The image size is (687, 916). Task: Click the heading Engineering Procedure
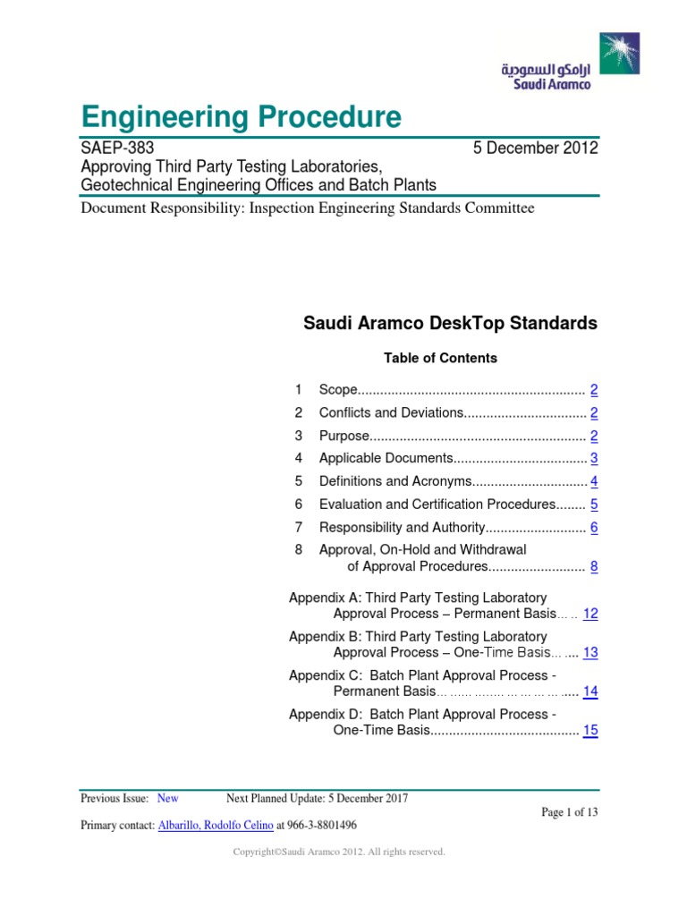pyautogui.click(x=241, y=116)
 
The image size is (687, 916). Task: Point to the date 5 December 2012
pyautogui.click(x=535, y=148)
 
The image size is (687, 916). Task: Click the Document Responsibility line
pyautogui.click(x=307, y=208)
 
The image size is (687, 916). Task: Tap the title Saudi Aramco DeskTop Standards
pyautogui.click(x=450, y=324)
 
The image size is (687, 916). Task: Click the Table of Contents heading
pyautogui.click(x=440, y=358)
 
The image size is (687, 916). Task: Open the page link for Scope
pyautogui.click(x=594, y=390)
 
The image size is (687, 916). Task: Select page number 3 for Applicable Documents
pyautogui.click(x=594, y=459)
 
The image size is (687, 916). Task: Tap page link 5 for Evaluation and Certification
pyautogui.click(x=594, y=505)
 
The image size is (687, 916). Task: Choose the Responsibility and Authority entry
pyautogui.click(x=402, y=528)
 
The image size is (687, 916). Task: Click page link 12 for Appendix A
pyautogui.click(x=590, y=614)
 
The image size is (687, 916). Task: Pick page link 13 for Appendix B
pyautogui.click(x=590, y=653)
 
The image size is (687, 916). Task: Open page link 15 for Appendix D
pyautogui.click(x=590, y=731)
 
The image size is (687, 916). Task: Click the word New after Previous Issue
pyautogui.click(x=167, y=798)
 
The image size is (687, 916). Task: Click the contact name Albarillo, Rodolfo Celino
pyautogui.click(x=216, y=825)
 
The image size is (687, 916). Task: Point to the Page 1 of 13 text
pyautogui.click(x=570, y=811)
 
